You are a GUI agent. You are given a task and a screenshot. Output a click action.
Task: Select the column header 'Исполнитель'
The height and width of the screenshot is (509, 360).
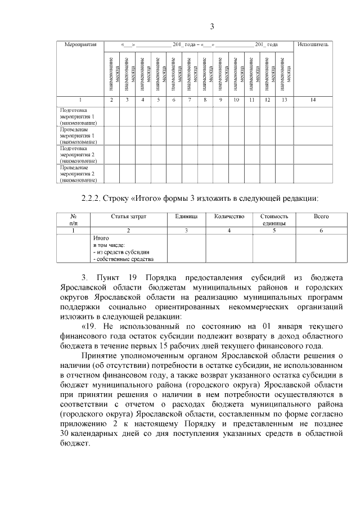tap(313, 44)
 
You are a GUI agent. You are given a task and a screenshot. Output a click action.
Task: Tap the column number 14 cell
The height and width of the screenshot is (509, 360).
tap(313, 100)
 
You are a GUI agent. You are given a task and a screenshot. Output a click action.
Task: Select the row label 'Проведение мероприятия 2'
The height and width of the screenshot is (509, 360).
tap(78, 174)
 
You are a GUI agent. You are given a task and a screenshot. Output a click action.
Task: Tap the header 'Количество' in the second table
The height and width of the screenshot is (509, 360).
tap(229, 216)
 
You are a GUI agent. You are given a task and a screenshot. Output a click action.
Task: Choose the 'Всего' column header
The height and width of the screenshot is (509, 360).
tap(321, 216)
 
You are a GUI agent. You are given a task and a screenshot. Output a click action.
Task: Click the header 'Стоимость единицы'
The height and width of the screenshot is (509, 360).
tap(274, 219)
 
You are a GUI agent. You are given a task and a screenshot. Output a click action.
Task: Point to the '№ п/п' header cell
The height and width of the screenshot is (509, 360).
tap(73, 219)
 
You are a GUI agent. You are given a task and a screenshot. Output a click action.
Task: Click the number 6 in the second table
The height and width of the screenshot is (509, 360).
tap(321, 230)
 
